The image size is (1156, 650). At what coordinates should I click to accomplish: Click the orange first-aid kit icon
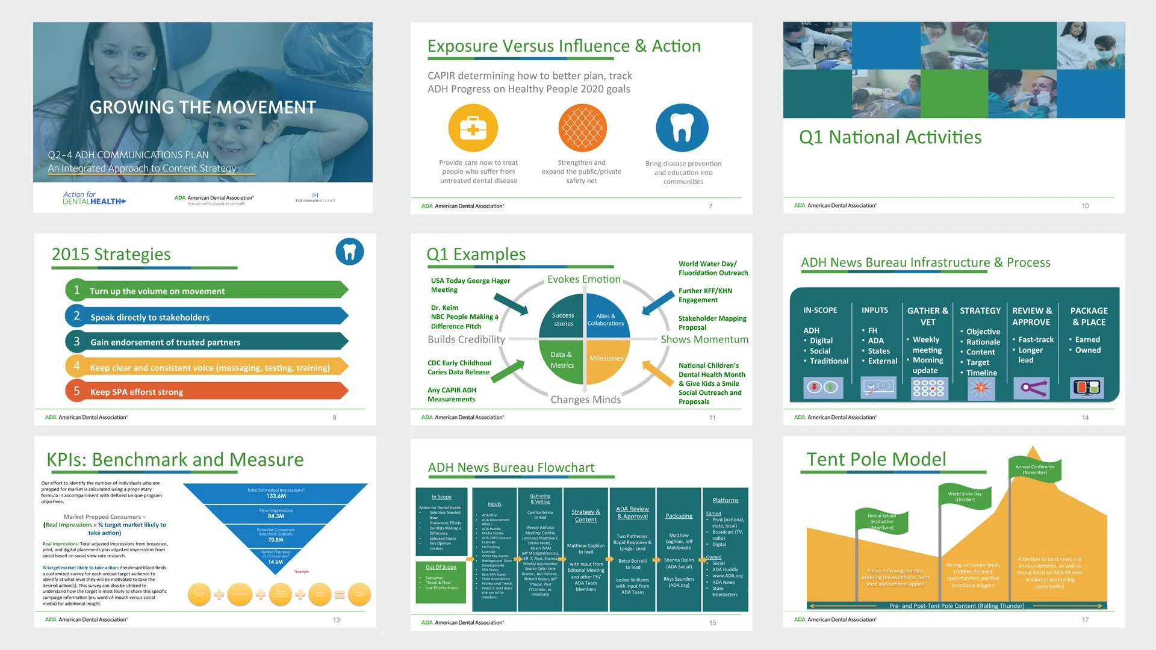click(x=473, y=128)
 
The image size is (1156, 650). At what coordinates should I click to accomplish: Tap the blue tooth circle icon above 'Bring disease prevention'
click(x=682, y=128)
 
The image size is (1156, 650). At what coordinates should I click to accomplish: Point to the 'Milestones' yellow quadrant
click(x=606, y=359)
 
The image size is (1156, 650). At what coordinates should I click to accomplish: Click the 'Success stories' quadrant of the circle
click(x=563, y=320)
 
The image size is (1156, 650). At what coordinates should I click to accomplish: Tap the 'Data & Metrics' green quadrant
click(x=562, y=360)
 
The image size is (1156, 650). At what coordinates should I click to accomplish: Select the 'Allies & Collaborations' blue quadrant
click(x=606, y=320)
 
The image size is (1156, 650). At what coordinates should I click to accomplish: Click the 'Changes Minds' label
click(x=585, y=400)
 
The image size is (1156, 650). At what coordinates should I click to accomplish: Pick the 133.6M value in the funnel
click(x=276, y=496)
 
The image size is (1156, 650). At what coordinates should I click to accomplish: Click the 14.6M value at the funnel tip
click(x=276, y=562)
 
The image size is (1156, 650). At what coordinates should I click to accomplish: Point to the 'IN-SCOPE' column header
click(x=820, y=311)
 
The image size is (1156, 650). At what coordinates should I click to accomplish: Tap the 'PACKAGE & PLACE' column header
click(x=1089, y=316)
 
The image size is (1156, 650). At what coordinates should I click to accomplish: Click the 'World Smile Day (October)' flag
click(x=965, y=497)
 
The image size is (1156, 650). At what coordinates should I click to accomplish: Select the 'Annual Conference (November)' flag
click(x=1035, y=469)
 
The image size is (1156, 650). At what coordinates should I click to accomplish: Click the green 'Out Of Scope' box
click(x=441, y=581)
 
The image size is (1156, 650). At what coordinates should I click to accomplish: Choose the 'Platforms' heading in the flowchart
click(x=726, y=500)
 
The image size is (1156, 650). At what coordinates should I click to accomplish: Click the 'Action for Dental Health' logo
click(x=95, y=198)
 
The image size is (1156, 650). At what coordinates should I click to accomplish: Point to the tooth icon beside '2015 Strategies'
click(x=350, y=252)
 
